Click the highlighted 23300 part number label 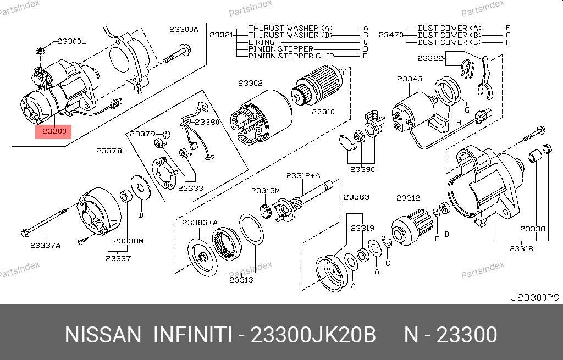click(x=54, y=131)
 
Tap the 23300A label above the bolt click(x=184, y=30)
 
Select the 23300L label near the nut click(x=71, y=41)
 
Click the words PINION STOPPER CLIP click(x=291, y=56)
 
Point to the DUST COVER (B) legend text click(x=450, y=35)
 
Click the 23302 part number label click(x=250, y=83)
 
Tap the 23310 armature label click(x=323, y=112)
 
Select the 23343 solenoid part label click(x=410, y=79)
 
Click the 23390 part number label click(x=362, y=169)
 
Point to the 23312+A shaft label click(x=303, y=175)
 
